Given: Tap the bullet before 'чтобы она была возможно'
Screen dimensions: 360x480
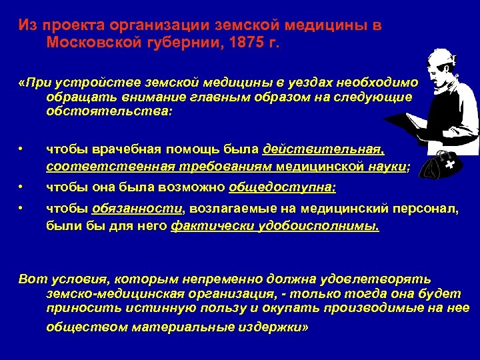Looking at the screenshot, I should pyautogui.click(x=23, y=188).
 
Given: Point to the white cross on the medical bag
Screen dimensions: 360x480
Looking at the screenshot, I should pyautogui.click(x=451, y=164).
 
